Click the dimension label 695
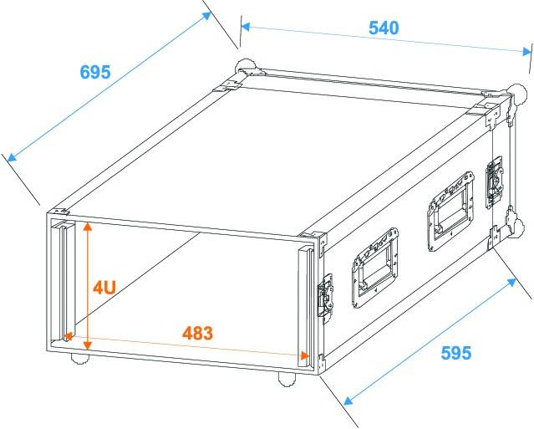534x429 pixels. (95, 72)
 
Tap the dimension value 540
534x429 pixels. (384, 28)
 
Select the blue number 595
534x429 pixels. (456, 353)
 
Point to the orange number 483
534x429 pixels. (197, 334)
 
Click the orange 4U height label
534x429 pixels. (104, 287)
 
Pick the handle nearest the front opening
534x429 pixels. (375, 268)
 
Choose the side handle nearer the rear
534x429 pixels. (451, 212)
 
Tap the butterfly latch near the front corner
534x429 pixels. (326, 299)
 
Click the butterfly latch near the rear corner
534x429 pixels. (494, 182)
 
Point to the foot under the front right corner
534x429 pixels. (287, 379)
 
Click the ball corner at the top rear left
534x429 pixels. (245, 66)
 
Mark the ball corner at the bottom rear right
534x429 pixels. (518, 227)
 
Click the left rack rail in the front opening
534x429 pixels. (64, 280)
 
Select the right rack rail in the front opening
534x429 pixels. (306, 308)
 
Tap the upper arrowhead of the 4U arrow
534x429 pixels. (88, 227)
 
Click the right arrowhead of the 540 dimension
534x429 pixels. (526, 52)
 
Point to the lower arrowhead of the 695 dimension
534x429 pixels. (12, 157)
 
